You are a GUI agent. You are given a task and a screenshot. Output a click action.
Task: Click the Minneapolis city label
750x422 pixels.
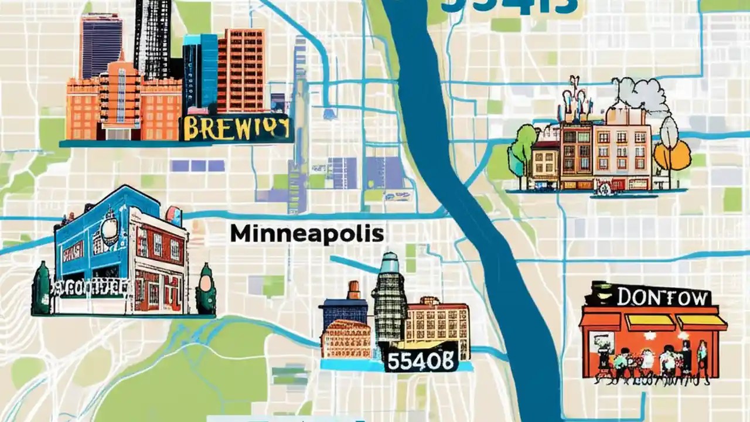point(306,234)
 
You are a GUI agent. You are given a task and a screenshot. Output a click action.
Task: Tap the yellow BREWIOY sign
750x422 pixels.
point(236,128)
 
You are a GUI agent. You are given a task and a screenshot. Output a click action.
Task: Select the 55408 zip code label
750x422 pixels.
point(420,361)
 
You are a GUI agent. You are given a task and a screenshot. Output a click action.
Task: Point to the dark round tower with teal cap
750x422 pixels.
point(390,299)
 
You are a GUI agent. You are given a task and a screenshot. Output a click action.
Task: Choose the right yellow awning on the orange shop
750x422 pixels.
point(701,322)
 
